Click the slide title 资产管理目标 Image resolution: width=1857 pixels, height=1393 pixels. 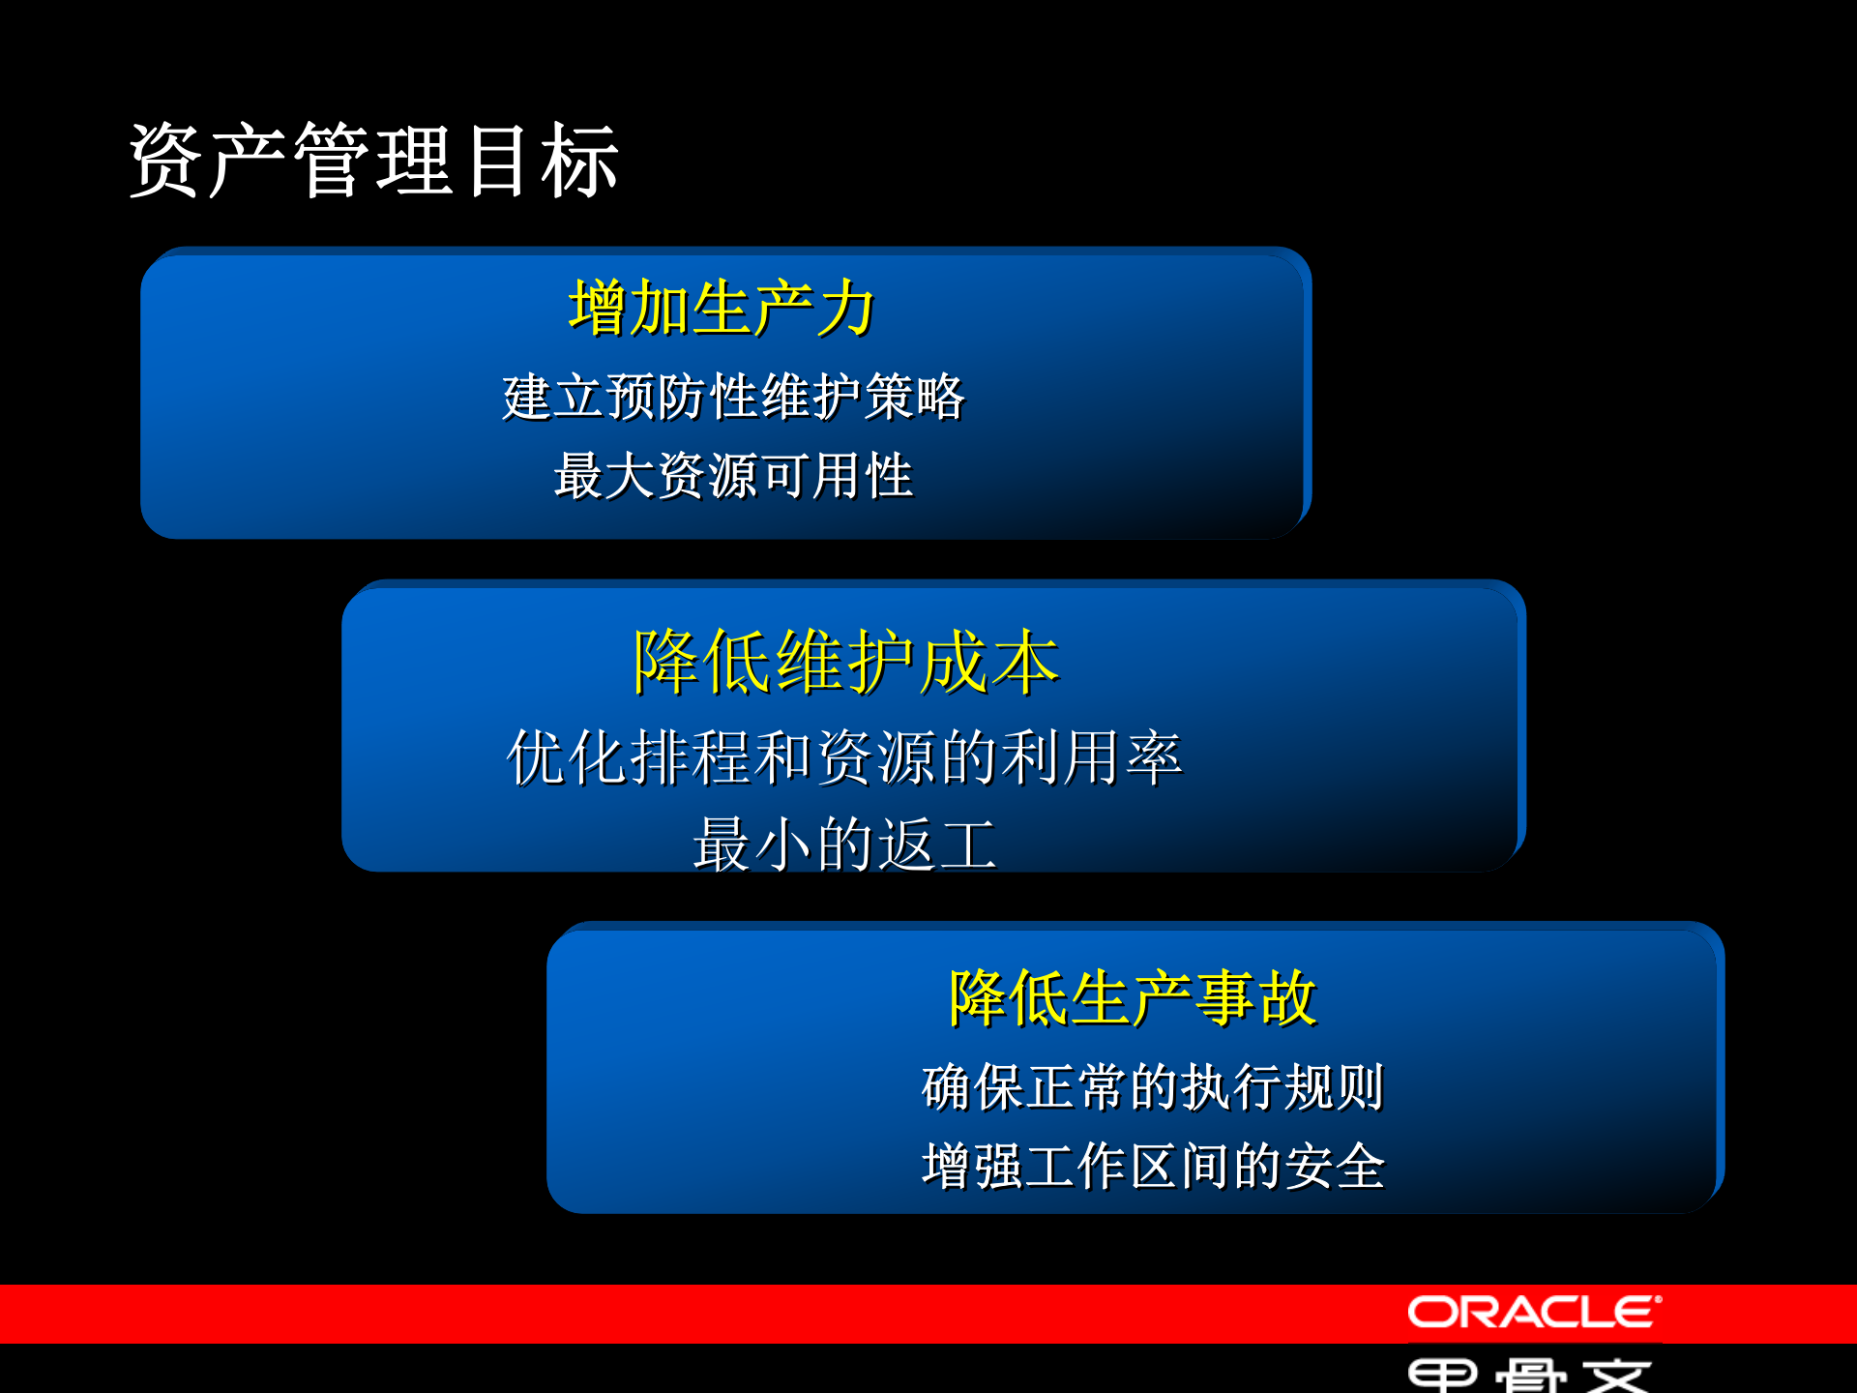coord(373,161)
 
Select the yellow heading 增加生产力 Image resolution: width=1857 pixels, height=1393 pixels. coord(722,309)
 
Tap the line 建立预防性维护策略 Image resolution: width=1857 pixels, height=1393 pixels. coord(733,398)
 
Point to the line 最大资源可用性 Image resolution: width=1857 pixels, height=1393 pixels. coord(733,476)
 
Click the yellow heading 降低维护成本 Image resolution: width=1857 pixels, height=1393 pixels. coord(846,663)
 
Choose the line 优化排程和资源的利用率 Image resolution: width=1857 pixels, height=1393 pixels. coord(844,757)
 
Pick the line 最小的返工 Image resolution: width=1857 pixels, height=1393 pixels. coord(844,845)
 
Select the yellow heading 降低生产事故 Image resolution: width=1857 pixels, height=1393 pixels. coord(1132,998)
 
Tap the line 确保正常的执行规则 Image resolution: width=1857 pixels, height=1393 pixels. coord(1153,1087)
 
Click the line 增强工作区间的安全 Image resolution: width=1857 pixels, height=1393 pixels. coord(1153,1166)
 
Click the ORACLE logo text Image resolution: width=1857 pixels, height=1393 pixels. coord(1534,1313)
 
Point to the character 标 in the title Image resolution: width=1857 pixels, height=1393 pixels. coord(580,161)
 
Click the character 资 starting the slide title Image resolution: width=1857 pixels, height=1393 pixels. coord(165,161)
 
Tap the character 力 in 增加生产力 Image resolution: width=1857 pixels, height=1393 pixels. coord(845,309)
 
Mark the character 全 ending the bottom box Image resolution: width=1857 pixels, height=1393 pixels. coord(1360,1166)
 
